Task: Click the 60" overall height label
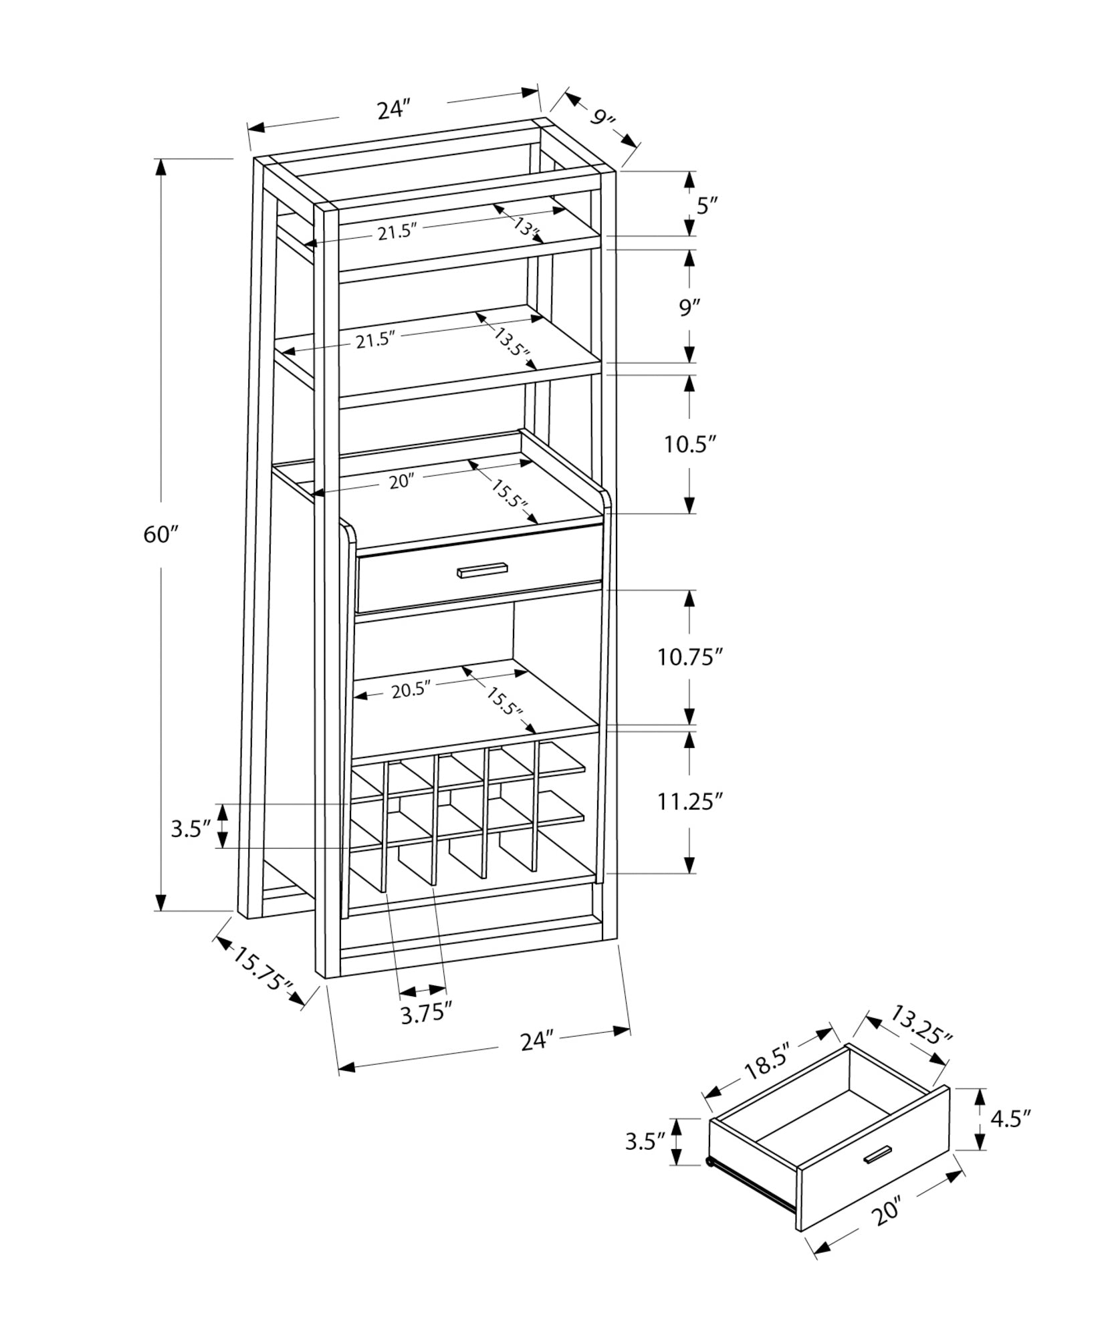(161, 535)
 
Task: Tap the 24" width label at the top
(393, 109)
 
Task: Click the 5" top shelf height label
(706, 205)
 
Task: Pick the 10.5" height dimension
(690, 445)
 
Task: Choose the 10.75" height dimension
(689, 657)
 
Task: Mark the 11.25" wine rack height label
(690, 801)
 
